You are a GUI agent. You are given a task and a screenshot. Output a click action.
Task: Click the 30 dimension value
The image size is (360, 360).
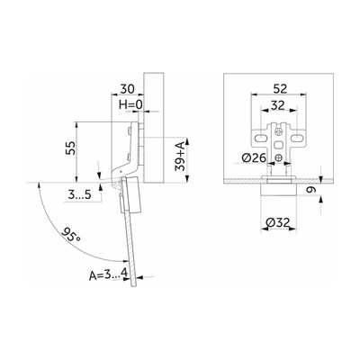click(x=127, y=89)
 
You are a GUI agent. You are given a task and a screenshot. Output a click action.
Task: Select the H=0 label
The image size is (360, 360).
click(x=130, y=104)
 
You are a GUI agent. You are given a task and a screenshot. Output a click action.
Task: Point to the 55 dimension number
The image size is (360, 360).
click(x=71, y=148)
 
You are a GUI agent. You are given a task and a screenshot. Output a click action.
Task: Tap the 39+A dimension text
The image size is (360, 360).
click(x=180, y=157)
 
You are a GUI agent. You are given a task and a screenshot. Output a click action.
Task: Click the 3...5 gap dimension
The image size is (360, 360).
click(x=79, y=195)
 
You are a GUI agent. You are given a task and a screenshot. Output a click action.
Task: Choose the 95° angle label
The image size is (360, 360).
click(x=71, y=234)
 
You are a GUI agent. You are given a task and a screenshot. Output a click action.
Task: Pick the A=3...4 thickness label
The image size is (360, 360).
click(x=109, y=274)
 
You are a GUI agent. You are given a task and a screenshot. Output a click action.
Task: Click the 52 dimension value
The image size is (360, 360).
click(x=280, y=89)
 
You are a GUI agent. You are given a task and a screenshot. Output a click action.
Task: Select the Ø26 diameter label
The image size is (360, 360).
click(x=254, y=157)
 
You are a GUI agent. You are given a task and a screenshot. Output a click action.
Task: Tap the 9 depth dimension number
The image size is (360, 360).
click(x=313, y=190)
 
